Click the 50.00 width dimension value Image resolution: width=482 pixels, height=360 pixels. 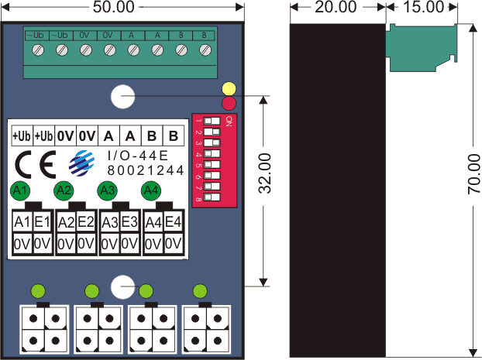pyautogui.click(x=113, y=7)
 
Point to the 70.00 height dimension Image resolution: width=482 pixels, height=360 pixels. pyautogui.click(x=473, y=174)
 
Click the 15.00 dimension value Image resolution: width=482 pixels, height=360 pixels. pyautogui.click(x=424, y=7)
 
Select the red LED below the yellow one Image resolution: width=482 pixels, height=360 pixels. pyautogui.click(x=229, y=103)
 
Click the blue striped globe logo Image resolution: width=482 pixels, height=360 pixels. pyautogui.click(x=80, y=164)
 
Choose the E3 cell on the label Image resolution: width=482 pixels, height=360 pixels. pyautogui.click(x=129, y=223)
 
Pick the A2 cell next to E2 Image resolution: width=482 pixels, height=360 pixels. pyautogui.click(x=66, y=223)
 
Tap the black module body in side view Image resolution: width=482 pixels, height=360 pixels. pyautogui.click(x=337, y=194)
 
